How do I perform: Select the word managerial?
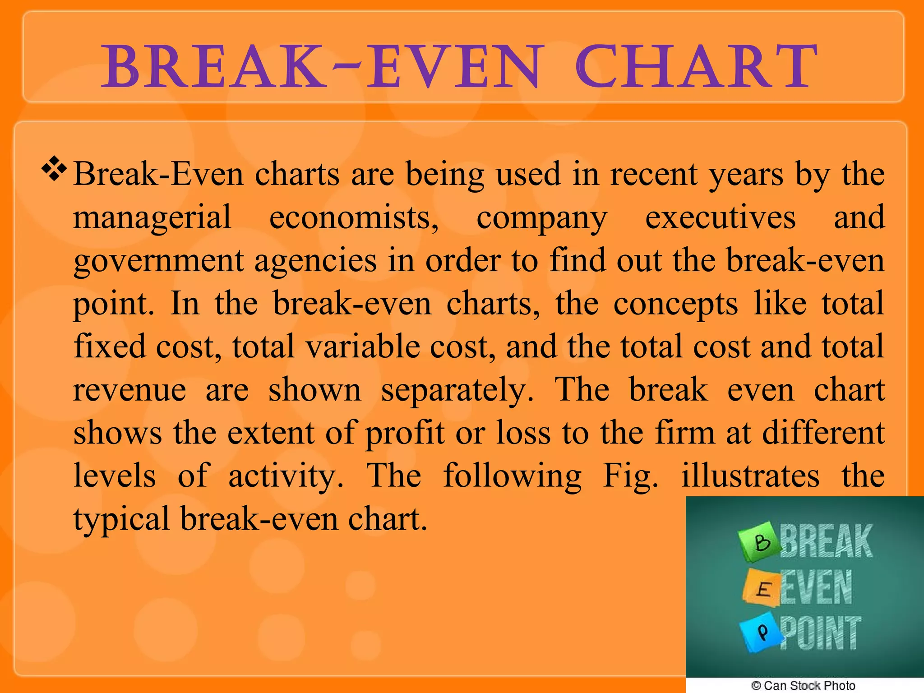pyautogui.click(x=152, y=218)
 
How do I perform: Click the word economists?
pyautogui.click(x=353, y=218)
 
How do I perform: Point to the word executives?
pyautogui.click(x=720, y=218)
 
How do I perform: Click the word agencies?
pyautogui.click(x=315, y=261)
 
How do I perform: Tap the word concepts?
pyautogui.click(x=675, y=304)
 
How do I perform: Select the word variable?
pyautogui.click(x=362, y=346)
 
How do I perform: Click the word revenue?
pyautogui.click(x=129, y=390)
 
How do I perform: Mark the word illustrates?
pyautogui.click(x=750, y=476)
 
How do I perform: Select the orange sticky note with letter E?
pyautogui.click(x=761, y=587)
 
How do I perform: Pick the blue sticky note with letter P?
pyautogui.click(x=762, y=631)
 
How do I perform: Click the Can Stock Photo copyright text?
pyautogui.click(x=803, y=685)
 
